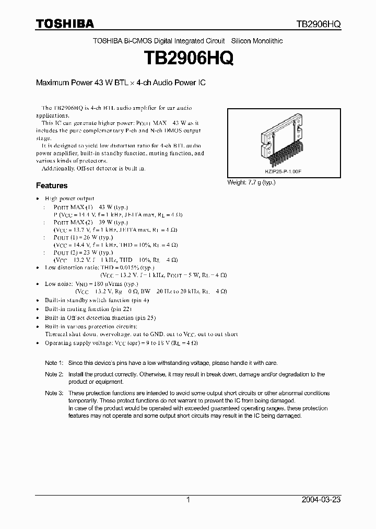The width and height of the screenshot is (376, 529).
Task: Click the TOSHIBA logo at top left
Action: (65, 24)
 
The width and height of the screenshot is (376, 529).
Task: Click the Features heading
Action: (51, 186)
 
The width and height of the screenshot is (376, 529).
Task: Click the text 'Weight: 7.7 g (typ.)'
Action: (251, 182)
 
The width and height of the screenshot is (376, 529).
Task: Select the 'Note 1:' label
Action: (54, 363)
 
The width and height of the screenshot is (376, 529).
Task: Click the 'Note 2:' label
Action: (54, 374)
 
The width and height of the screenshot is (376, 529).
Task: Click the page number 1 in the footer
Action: (188, 500)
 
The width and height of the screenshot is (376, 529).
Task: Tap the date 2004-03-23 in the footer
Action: (321, 500)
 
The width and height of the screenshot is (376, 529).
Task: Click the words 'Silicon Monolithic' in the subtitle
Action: (257, 41)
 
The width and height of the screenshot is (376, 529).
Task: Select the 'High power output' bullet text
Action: (69, 199)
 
